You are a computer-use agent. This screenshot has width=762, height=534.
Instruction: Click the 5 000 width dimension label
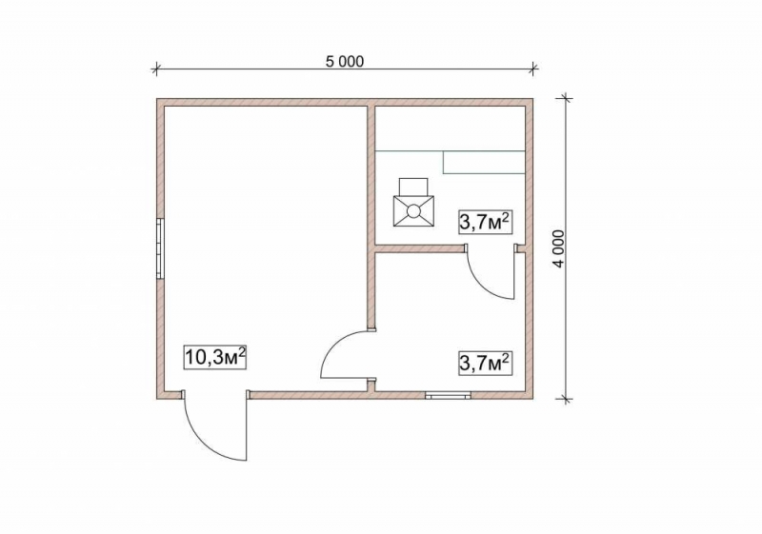(x=344, y=62)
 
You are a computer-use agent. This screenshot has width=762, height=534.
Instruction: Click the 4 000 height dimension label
(x=560, y=248)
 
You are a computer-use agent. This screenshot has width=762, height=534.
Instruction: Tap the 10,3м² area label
(x=214, y=357)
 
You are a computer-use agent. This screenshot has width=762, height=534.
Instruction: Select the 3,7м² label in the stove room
(x=486, y=222)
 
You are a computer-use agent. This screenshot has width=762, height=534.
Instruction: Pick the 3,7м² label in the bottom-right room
(x=486, y=363)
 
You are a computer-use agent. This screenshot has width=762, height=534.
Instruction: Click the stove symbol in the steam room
(x=413, y=203)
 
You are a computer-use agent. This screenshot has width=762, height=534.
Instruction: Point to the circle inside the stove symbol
(x=413, y=210)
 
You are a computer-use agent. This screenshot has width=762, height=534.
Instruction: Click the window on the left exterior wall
(x=160, y=248)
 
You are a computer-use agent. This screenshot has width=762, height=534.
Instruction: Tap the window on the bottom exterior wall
(x=448, y=396)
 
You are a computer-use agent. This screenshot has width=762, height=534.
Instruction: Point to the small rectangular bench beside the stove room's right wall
(x=485, y=162)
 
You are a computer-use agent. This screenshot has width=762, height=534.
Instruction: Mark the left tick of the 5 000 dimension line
(x=155, y=69)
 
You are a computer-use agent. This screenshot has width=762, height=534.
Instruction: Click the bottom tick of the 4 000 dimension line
(x=565, y=399)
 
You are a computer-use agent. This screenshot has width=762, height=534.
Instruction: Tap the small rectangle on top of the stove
(x=413, y=187)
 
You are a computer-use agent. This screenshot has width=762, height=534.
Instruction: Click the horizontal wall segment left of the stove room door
(x=420, y=248)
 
